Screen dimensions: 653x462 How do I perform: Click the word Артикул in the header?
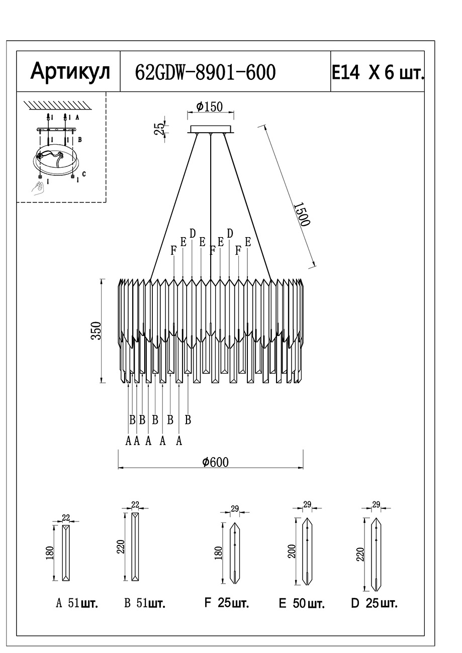(x=70, y=72)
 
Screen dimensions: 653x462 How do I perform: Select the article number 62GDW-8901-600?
(x=206, y=72)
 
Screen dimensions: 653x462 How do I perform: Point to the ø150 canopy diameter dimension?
(x=210, y=106)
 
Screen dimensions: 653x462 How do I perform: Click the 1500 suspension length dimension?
(x=301, y=214)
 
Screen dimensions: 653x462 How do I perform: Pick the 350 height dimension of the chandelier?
(x=96, y=331)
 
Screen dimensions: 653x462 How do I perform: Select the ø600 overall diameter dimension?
(x=215, y=462)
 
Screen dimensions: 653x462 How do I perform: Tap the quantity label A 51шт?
(x=77, y=603)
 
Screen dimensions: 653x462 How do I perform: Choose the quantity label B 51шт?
(x=145, y=603)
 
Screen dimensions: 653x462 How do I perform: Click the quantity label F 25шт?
(x=226, y=603)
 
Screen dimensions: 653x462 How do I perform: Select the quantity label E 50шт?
(x=302, y=603)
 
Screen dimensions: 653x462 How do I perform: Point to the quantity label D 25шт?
(x=374, y=603)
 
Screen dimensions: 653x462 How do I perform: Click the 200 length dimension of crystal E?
(x=292, y=552)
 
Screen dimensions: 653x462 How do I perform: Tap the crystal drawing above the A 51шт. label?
(x=66, y=553)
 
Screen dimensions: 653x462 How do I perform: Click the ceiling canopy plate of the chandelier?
(x=211, y=130)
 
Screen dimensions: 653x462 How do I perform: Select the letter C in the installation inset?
(x=84, y=174)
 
